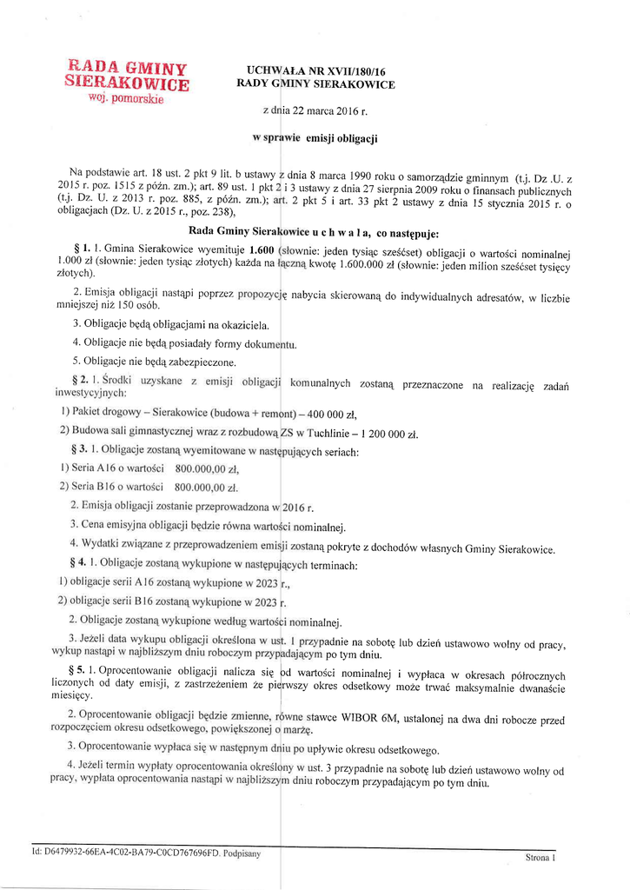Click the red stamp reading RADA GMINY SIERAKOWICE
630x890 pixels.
tap(127, 79)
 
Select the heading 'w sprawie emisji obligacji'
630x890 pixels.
tap(315, 138)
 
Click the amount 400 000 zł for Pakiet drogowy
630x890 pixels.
tap(327, 414)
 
